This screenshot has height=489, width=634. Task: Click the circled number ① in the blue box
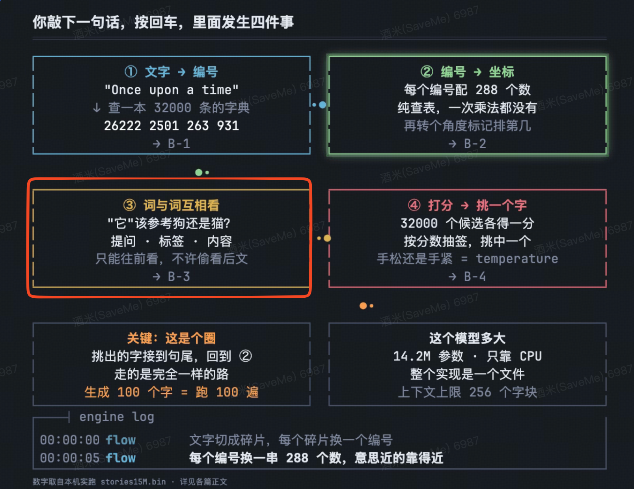pyautogui.click(x=131, y=71)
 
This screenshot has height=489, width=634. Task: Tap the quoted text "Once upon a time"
pyautogui.click(x=171, y=90)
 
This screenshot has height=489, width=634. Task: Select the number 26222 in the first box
pyautogui.click(x=122, y=126)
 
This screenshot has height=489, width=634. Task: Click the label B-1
pyautogui.click(x=179, y=144)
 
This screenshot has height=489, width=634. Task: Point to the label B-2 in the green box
pyautogui.click(x=475, y=144)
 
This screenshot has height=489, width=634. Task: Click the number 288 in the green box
pyautogui.click(x=487, y=90)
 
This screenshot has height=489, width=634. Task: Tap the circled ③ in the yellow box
pyautogui.click(x=129, y=205)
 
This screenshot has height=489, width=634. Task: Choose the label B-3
pyautogui.click(x=179, y=276)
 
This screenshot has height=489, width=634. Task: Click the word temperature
pyautogui.click(x=517, y=259)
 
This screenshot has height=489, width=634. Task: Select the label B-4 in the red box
pyautogui.click(x=475, y=276)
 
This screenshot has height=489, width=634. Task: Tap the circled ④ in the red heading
pyautogui.click(x=414, y=205)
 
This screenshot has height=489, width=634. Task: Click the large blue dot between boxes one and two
pyautogui.click(x=323, y=105)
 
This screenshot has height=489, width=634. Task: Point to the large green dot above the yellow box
pyautogui.click(x=199, y=172)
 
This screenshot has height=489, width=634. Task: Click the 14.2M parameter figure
pyautogui.click(x=412, y=356)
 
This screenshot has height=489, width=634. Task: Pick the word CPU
pyautogui.click(x=531, y=356)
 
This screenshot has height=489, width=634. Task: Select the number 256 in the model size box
pyautogui.click(x=480, y=392)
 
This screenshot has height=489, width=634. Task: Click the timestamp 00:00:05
pyautogui.click(x=70, y=458)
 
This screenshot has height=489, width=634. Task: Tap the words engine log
pyautogui.click(x=117, y=417)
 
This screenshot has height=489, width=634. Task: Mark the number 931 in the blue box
pyautogui.click(x=228, y=126)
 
